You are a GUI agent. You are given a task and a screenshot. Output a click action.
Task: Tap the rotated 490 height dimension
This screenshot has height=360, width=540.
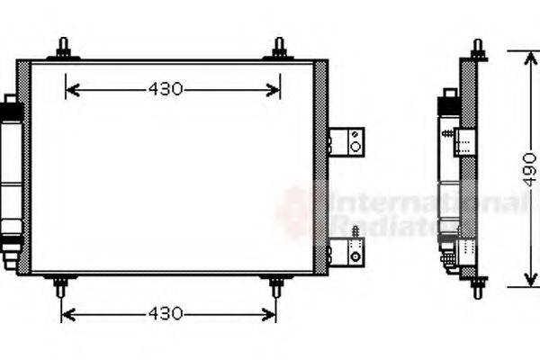pyautogui.click(x=529, y=168)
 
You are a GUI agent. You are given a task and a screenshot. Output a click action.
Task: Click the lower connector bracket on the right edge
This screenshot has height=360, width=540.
pyautogui.click(x=347, y=255)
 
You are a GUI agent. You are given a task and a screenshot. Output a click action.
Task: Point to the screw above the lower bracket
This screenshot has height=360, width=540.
pyautogui.click(x=355, y=233)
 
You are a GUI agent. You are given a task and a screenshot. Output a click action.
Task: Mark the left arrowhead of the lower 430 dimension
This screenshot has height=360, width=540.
pyautogui.click(x=66, y=314)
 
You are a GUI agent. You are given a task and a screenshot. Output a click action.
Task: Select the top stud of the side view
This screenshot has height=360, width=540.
pyautogui.click(x=477, y=49)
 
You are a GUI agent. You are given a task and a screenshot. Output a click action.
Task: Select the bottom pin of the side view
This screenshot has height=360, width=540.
pyautogui.click(x=477, y=289)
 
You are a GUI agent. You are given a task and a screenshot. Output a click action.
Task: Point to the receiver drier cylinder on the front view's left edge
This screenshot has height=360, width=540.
pyautogui.click(x=12, y=180)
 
